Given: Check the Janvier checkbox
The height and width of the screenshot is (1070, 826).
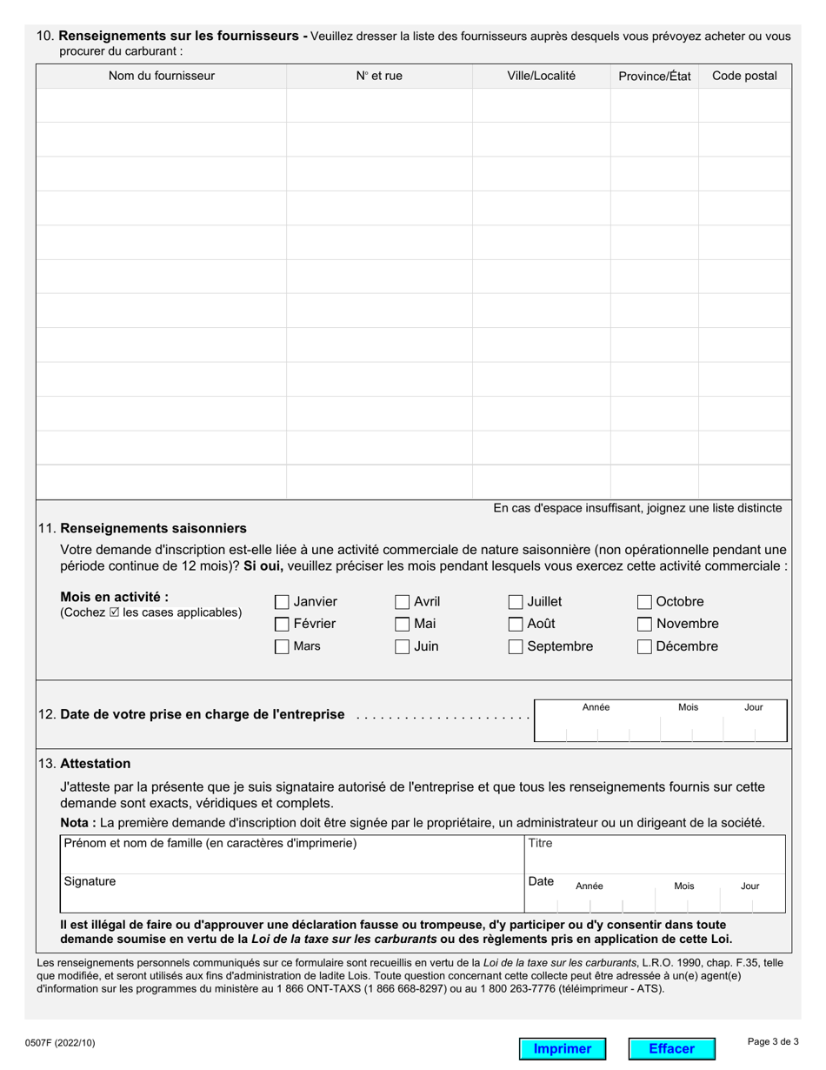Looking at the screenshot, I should [282, 602].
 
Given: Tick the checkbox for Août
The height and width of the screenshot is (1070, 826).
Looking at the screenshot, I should [516, 624].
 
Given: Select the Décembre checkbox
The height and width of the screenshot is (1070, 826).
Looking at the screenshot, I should [644, 646].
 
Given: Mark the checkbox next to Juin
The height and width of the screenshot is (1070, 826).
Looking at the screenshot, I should [402, 646].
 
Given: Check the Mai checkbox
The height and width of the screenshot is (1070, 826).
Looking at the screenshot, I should [402, 624].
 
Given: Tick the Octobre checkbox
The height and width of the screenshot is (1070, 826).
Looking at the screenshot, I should [644, 602].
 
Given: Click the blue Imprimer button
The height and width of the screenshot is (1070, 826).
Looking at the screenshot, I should [562, 1048].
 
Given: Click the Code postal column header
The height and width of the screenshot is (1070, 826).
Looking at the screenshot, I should [744, 76].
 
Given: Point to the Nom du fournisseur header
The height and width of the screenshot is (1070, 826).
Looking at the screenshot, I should [162, 76].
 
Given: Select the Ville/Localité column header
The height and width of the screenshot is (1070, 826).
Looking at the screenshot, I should [541, 76].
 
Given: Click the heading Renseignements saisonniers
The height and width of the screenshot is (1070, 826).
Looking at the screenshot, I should [153, 528].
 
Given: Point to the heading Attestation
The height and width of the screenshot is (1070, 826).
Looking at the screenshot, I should [96, 764].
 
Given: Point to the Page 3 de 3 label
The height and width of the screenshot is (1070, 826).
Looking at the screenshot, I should [773, 1041].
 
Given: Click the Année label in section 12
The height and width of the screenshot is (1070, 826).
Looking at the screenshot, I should [596, 707].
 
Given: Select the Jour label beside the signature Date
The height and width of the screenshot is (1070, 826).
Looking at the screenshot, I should [749, 886].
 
